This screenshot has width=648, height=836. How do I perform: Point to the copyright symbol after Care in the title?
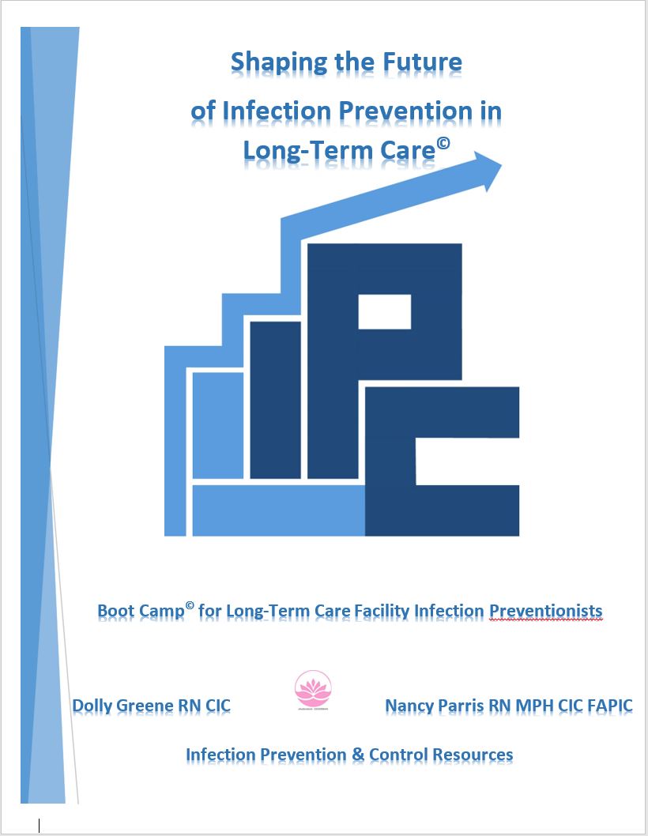[x=443, y=141]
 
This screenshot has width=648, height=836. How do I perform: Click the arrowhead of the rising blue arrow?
[x=490, y=170]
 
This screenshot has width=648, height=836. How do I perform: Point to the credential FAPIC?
[x=608, y=705]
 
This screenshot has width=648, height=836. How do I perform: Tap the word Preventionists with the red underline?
[x=546, y=612]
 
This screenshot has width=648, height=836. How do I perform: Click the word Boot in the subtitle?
[x=115, y=612]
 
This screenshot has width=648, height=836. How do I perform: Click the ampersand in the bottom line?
[x=357, y=755]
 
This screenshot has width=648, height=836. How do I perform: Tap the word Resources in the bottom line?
[x=472, y=755]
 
